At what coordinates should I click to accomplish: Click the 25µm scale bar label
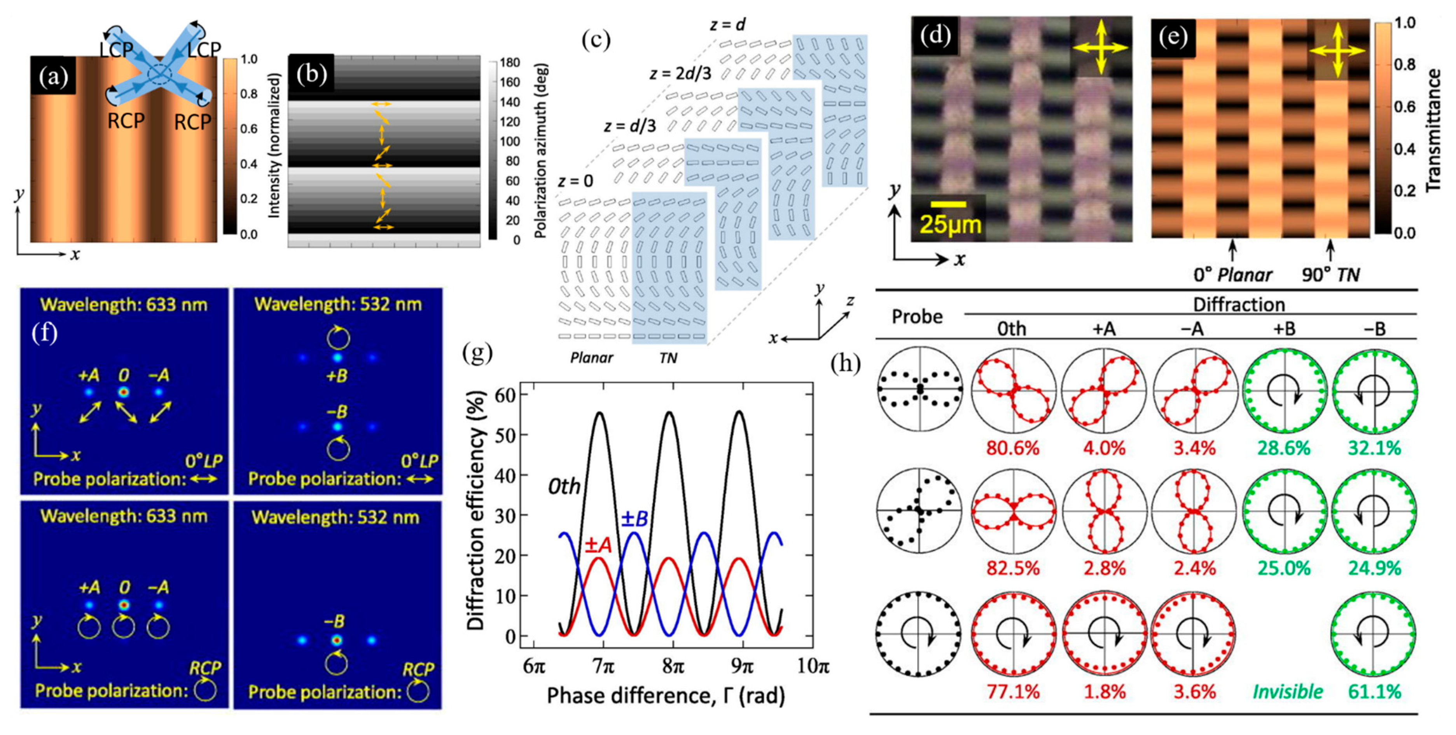[x=950, y=224]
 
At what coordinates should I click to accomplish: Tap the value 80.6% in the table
[x=1013, y=448]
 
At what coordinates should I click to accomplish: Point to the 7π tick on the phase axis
[x=604, y=667]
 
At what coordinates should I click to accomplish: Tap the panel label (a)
[x=53, y=76]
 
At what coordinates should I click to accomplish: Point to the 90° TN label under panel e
[x=1330, y=275]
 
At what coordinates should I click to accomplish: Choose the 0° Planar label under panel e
[x=1232, y=275]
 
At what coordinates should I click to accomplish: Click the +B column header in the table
[x=1284, y=328]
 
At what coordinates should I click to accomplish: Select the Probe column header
[x=917, y=316]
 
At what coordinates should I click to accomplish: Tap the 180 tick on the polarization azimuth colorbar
[x=509, y=62]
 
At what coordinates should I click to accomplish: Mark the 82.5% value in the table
[x=1013, y=568]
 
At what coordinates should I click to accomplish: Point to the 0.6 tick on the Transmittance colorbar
[x=1404, y=107]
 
